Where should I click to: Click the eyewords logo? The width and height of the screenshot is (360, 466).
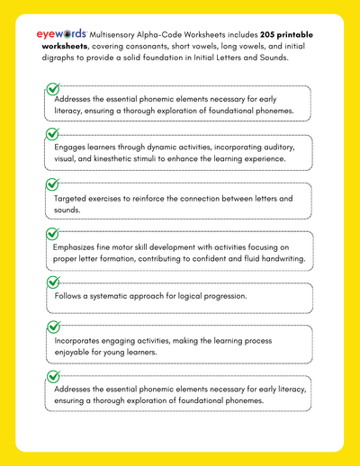62,33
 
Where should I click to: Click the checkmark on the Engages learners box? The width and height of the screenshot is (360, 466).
52,134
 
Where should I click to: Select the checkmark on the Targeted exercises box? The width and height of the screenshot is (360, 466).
52,184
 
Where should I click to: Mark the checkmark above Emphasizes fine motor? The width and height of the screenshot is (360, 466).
52,233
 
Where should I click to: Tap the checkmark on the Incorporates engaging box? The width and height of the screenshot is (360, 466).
52,328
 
